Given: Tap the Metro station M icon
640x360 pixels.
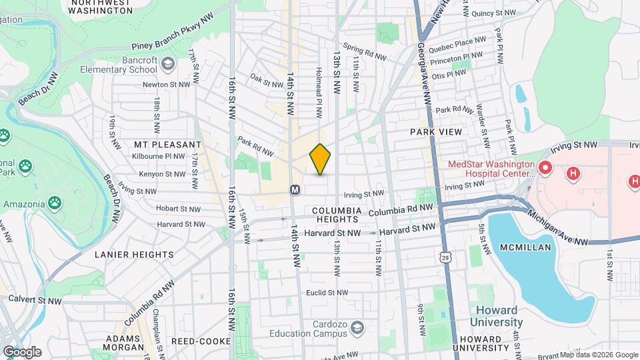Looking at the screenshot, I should (295, 190).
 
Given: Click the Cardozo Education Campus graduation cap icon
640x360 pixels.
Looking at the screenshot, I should (358, 327).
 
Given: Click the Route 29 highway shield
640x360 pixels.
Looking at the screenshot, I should (445, 256).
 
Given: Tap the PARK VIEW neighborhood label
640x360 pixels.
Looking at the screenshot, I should (437, 132).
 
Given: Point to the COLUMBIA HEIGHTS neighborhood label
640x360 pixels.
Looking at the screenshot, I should (337, 215).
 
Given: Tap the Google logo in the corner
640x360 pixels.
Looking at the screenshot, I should (21, 351).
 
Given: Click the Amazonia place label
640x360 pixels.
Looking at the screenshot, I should (24, 203).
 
